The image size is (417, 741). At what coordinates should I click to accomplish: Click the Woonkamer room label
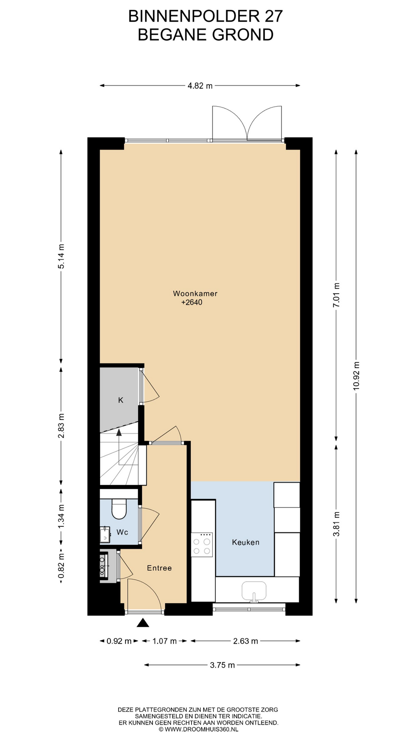[x=195, y=293]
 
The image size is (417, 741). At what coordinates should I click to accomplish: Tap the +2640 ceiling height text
[x=192, y=303]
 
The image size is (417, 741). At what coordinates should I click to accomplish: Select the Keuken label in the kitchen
[x=246, y=542]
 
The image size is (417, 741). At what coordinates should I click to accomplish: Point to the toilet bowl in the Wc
[x=119, y=509]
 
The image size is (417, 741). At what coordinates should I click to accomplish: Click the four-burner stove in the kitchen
[x=202, y=545]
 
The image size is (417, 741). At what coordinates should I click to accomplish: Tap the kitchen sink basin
[x=254, y=591]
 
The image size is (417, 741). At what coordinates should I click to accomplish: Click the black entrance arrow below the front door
[x=143, y=623]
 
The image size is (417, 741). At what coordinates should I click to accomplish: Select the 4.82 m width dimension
[x=200, y=86]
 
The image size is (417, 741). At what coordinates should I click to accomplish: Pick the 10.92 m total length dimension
[x=356, y=376]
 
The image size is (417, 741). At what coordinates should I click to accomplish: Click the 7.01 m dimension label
[x=337, y=295]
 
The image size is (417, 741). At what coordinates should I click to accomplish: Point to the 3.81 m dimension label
[x=337, y=524]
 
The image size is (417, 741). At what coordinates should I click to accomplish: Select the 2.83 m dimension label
[x=61, y=426]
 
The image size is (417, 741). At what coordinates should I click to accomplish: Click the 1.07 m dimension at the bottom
[x=164, y=641]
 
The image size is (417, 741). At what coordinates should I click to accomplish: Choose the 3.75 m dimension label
[x=222, y=665]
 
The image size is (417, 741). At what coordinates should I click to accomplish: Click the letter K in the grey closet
[x=120, y=400]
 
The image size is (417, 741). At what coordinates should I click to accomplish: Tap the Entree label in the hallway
[x=159, y=568]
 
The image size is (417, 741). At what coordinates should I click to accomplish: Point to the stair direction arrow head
[x=119, y=432]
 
